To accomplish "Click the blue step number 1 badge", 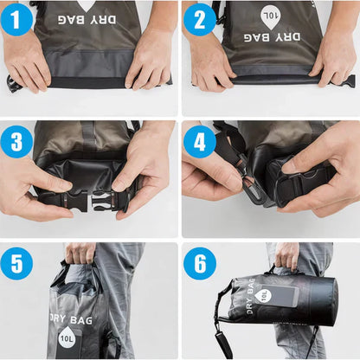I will [17, 19].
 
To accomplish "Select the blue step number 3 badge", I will [17, 141].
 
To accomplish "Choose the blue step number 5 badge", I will [17, 262].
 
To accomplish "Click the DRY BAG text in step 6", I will [245, 297].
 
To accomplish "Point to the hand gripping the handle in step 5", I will [80, 254].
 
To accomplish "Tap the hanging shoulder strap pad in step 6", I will [222, 342].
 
